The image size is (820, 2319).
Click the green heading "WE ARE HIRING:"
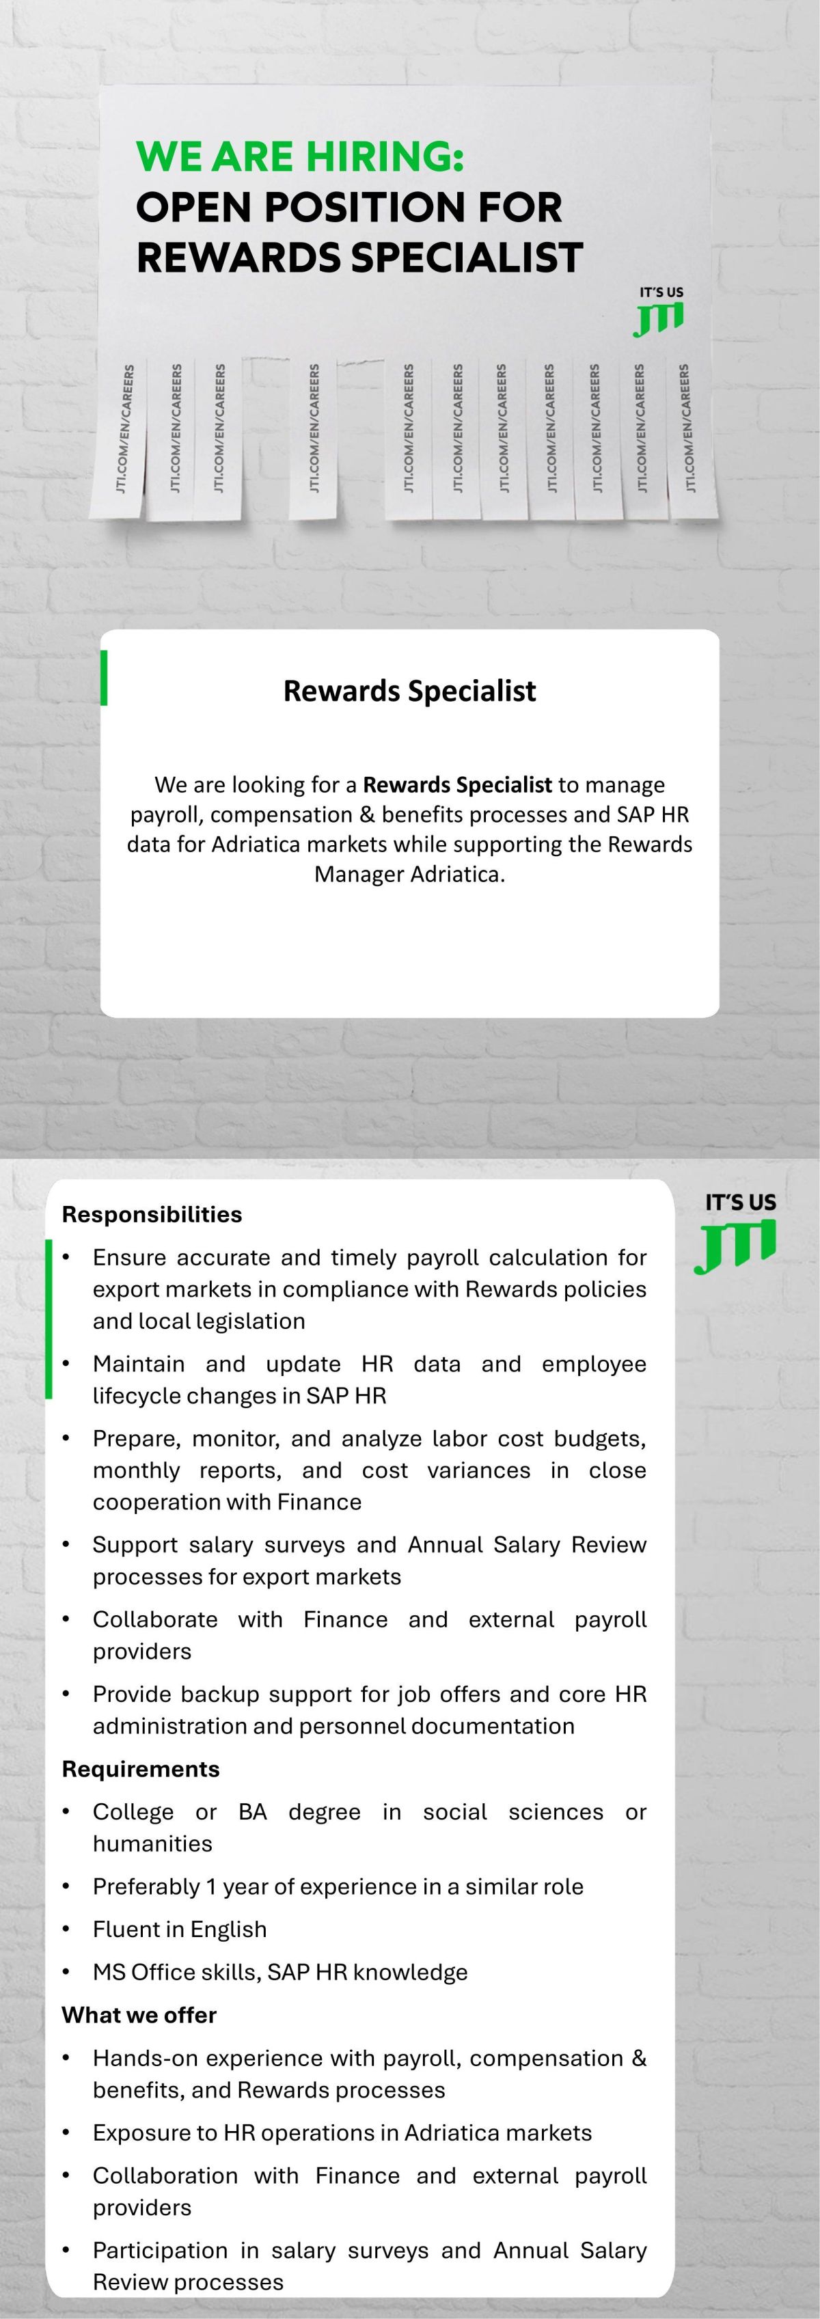(300, 156)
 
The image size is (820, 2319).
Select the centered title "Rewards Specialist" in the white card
(409, 691)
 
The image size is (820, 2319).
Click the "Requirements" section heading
(140, 1769)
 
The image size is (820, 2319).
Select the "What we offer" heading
(139, 2015)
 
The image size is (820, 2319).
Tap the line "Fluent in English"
(179, 1930)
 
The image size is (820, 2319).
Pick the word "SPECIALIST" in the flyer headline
(466, 258)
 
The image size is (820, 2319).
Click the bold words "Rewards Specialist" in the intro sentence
(456, 785)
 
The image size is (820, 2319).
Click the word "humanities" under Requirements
(152, 1843)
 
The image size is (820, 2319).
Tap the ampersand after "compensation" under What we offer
(639, 2058)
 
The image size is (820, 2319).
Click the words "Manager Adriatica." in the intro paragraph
(409, 874)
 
